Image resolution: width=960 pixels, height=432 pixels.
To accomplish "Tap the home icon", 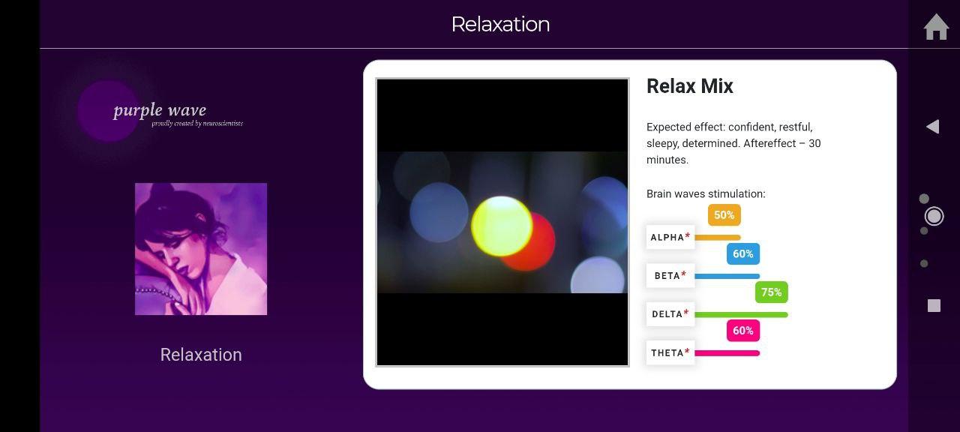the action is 936,27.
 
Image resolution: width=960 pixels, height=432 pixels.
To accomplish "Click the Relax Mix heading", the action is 689,86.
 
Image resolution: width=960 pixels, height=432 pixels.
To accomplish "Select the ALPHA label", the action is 670,237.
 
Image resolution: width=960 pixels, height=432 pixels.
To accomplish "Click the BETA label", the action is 670,275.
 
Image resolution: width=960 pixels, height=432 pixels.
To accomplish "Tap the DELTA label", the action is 670,314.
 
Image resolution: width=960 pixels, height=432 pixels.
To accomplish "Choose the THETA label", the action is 670,352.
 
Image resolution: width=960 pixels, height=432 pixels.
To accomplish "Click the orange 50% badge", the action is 724,214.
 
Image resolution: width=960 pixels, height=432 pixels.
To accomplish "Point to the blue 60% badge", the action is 743,253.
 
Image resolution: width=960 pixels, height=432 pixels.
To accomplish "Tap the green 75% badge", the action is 772,292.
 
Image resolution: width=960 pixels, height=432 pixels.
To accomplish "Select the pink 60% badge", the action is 743,331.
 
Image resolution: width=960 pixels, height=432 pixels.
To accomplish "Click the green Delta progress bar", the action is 741,314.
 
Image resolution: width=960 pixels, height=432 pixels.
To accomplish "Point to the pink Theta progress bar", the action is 727,353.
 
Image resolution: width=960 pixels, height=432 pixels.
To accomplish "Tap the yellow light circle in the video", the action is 502,226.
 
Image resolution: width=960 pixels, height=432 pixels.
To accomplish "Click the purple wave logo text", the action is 160,110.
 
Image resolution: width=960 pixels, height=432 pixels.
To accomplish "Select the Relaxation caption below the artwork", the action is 201,355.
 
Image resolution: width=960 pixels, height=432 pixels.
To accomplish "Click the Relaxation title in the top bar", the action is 500,25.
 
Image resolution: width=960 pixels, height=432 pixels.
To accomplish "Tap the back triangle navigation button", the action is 933,127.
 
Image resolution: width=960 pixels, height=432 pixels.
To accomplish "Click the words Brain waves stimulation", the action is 706,193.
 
